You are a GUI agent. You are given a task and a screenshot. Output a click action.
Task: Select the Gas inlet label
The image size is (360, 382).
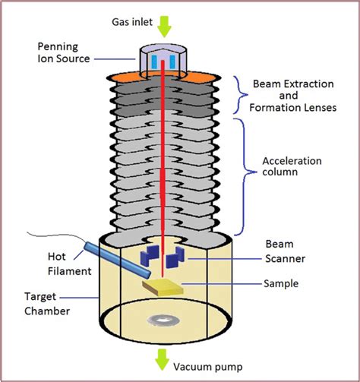pos(164,10)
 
